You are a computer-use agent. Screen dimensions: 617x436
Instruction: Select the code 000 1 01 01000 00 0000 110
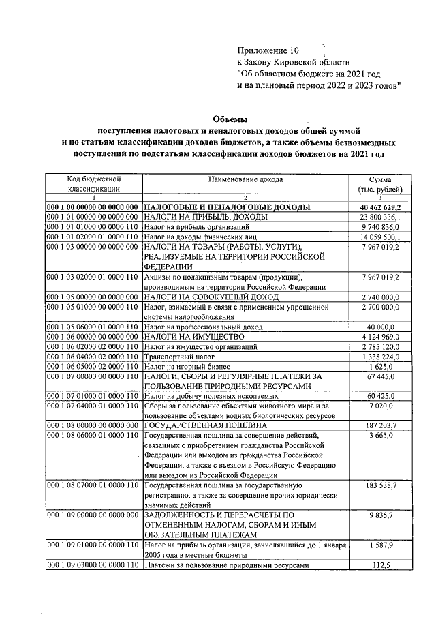coord(93,227)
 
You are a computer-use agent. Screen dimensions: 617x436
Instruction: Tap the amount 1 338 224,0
coord(385,356)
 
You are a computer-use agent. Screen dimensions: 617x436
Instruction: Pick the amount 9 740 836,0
coord(385,227)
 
